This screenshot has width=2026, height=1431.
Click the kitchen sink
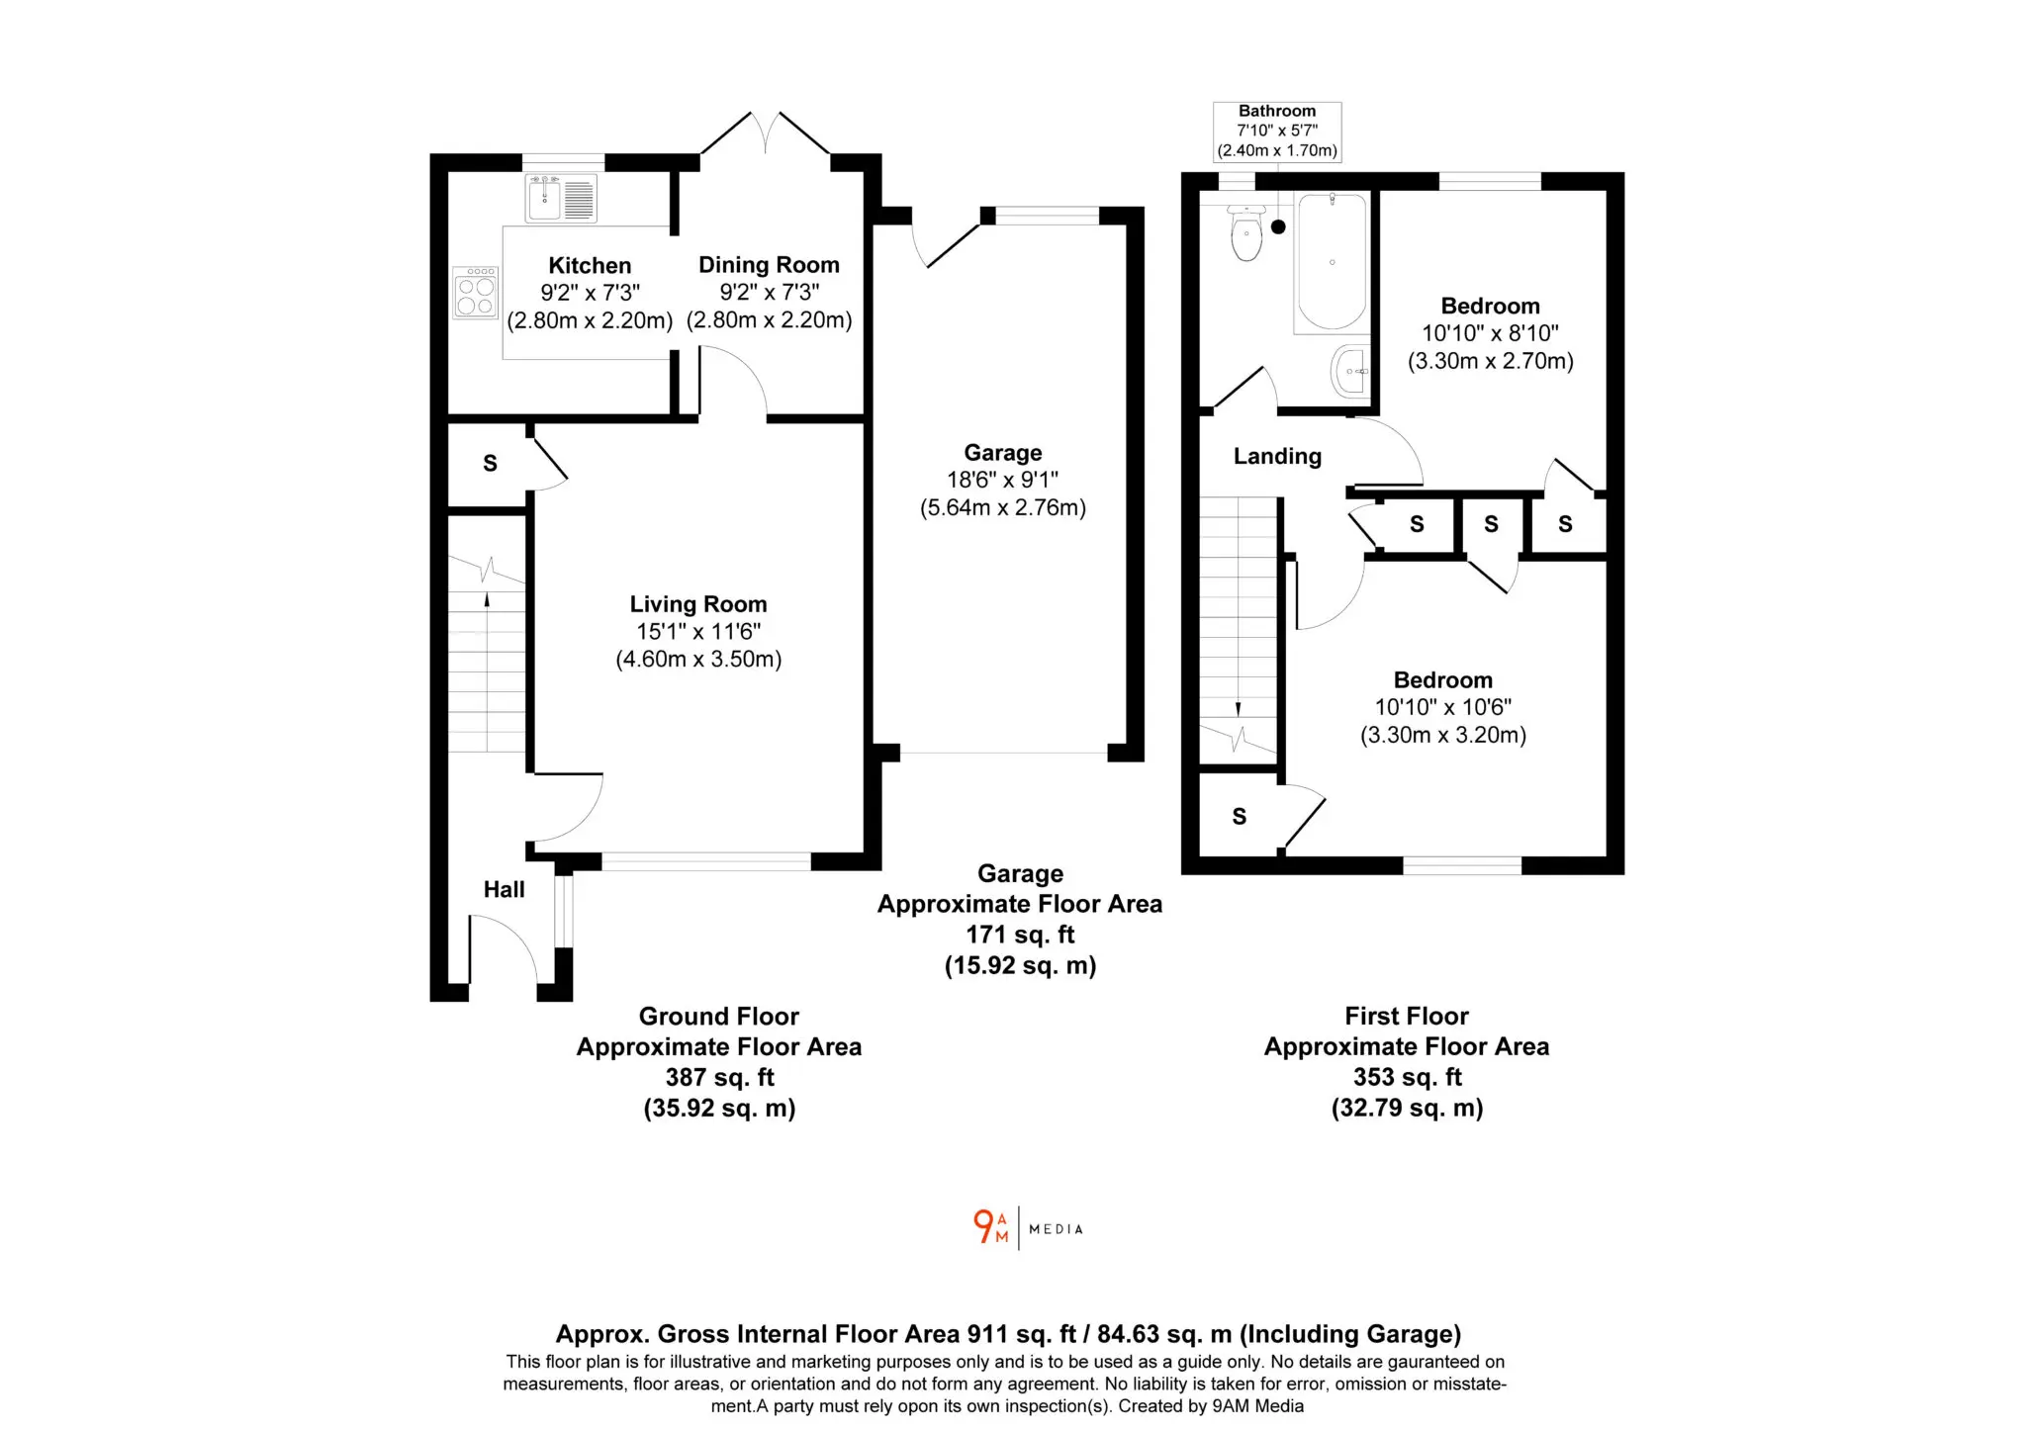click(x=561, y=198)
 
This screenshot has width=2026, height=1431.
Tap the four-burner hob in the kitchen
click(x=476, y=293)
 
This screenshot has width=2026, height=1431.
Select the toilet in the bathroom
click(x=1246, y=232)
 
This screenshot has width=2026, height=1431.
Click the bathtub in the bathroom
click(x=1332, y=262)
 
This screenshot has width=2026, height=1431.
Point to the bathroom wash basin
click(x=1351, y=371)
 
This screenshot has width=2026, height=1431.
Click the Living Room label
click(x=698, y=604)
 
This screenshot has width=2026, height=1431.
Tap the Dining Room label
click(x=769, y=265)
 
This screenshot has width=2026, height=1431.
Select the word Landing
click(x=1277, y=456)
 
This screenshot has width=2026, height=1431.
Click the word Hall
click(x=504, y=889)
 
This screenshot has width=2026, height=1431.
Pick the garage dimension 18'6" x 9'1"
click(x=1002, y=480)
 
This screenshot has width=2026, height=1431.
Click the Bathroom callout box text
click(x=1277, y=131)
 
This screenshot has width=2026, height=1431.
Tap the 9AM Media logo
click(x=1028, y=1228)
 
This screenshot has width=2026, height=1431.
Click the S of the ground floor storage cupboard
click(x=490, y=464)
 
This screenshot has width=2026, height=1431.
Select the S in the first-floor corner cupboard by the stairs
click(x=1239, y=817)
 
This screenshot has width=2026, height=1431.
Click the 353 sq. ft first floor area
click(x=1407, y=1077)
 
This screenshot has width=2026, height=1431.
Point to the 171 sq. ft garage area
click(x=1020, y=935)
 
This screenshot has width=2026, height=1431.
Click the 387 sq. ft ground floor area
click(x=719, y=1077)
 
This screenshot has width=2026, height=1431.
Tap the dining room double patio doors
click(x=766, y=134)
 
